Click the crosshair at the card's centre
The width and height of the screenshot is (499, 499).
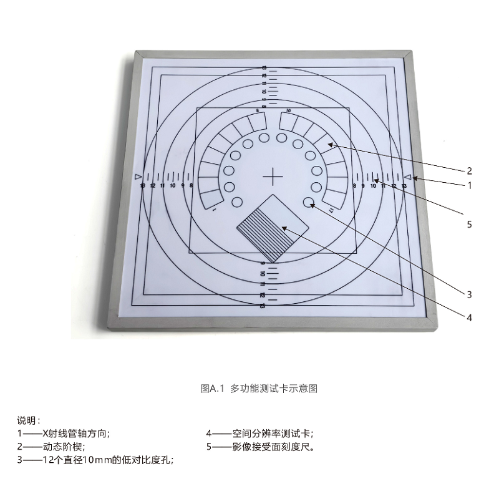273,177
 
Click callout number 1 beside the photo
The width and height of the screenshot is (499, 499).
470,185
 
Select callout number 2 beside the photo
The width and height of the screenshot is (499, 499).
470,170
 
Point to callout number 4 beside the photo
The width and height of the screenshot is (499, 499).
470,317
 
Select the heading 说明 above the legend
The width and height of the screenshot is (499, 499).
29,421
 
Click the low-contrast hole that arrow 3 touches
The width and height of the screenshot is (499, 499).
309,202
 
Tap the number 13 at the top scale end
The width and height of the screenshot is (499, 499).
264,68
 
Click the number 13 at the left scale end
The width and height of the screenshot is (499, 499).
143,186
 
